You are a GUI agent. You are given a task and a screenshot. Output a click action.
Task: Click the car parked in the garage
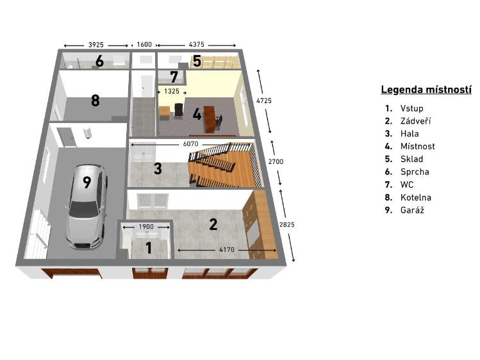87,206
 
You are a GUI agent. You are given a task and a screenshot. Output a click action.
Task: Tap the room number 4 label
197,115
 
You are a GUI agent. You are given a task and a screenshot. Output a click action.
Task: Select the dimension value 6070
191,143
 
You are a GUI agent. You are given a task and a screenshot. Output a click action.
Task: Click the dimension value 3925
96,45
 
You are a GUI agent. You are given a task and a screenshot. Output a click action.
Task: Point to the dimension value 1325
172,91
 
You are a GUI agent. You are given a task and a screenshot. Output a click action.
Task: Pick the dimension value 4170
227,250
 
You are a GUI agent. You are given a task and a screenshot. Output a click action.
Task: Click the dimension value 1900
146,227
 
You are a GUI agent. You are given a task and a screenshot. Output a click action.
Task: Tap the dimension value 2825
287,224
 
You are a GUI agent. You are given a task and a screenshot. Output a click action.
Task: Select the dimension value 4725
264,101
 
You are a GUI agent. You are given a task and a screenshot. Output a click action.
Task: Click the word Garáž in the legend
412,210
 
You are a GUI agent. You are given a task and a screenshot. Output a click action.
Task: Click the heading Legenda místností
426,90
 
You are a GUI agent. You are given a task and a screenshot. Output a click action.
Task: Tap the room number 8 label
95,100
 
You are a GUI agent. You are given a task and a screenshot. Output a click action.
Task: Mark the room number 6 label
99,61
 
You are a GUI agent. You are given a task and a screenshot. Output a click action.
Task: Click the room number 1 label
149,248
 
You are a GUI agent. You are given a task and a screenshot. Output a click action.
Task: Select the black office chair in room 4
178,110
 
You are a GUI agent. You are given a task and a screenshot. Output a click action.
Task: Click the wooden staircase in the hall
225,165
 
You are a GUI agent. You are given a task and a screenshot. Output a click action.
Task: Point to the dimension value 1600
144,45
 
